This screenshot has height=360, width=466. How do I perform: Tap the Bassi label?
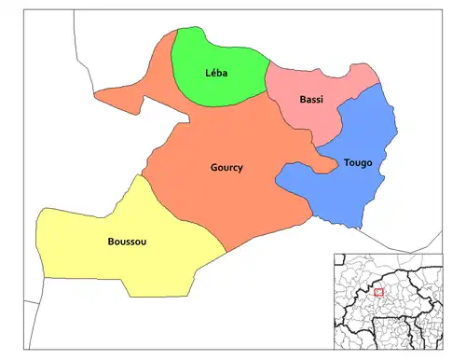pos(311,100)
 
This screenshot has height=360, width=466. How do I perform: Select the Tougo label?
pos(357,162)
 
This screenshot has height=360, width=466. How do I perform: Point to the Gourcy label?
pos(226,168)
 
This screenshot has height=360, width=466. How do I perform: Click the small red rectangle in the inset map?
pos(378,293)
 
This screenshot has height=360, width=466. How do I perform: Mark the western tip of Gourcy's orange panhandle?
pos(95,93)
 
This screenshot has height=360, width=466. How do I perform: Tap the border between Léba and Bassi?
pos(267,79)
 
